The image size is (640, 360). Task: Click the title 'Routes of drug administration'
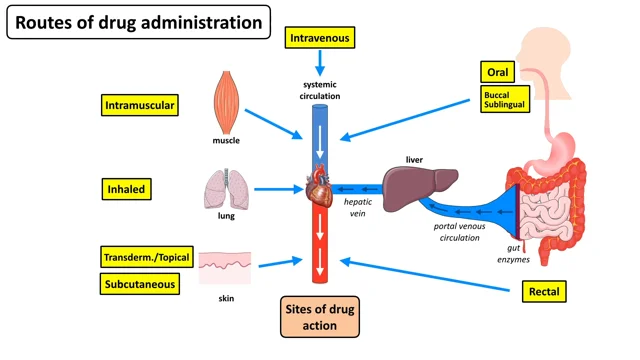click(138, 21)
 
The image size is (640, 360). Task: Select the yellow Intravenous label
click(321, 38)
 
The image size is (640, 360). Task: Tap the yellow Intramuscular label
click(141, 104)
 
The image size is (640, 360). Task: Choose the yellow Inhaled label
click(127, 187)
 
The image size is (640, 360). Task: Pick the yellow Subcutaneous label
click(141, 284)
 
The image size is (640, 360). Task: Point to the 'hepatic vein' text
click(359, 206)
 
